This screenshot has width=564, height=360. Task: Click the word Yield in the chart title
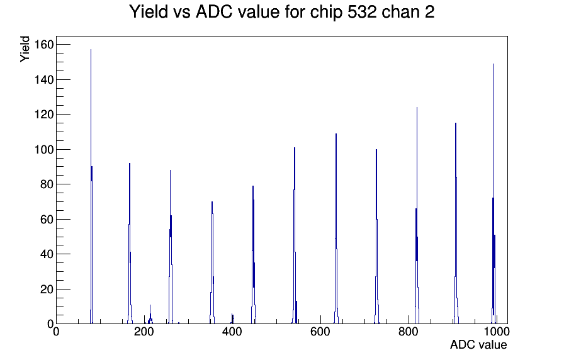pos(149,12)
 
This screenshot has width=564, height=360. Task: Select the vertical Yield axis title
pos(25,49)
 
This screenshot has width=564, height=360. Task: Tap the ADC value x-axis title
pos(478,344)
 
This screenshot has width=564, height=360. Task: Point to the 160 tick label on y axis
pos(44,45)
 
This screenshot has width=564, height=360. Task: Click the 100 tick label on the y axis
pos(44,149)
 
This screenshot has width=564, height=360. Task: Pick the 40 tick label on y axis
pos(47,254)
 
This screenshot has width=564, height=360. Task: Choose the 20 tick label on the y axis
pos(47,289)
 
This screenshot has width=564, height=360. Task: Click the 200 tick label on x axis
pos(144,331)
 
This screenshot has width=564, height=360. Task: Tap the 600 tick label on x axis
pos(320,331)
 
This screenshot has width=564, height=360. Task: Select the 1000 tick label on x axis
pos(497,331)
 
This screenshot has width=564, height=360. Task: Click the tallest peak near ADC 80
pos(91,50)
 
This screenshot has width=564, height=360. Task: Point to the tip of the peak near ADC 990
pos(493,64)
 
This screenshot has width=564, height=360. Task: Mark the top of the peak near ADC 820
pos(417,107)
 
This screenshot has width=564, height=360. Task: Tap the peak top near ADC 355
pos(212,202)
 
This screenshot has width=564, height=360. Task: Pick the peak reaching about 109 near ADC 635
pos(336,134)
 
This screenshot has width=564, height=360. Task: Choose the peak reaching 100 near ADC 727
pos(376,150)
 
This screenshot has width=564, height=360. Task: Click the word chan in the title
pos(400,12)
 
